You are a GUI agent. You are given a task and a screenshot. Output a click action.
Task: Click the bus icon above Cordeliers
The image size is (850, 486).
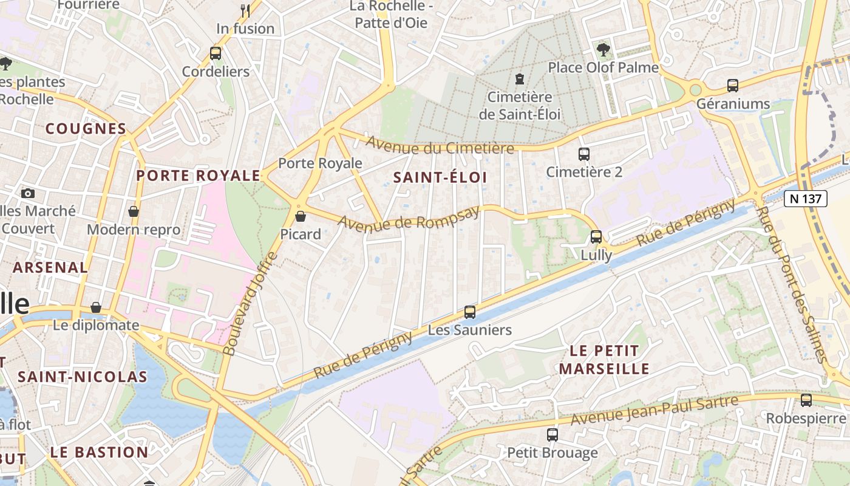point(216,53)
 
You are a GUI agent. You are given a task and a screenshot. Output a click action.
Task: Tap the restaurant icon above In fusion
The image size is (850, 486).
point(245,10)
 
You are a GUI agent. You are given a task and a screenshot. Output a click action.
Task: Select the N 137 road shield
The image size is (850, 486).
point(806,199)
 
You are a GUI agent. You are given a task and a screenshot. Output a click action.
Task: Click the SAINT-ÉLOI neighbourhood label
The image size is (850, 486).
point(440,177)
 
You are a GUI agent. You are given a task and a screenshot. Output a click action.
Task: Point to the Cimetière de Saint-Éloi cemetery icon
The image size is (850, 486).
point(520,78)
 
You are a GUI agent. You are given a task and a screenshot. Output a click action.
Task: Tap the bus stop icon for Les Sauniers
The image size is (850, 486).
point(470,312)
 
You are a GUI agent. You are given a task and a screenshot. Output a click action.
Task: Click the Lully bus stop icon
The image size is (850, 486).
point(596,237)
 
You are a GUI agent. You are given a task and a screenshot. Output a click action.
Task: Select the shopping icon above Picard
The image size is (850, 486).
point(301,216)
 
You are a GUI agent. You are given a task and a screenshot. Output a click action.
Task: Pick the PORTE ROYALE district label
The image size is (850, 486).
point(198,176)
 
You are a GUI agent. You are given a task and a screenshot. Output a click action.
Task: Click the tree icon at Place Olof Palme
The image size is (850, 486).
point(603,49)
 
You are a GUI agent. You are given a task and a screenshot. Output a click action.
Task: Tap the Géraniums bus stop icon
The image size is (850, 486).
point(733,86)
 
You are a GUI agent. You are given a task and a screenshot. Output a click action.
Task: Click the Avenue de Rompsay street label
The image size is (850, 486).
point(408,219)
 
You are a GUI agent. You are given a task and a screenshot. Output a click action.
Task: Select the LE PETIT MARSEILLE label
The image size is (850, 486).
point(604,360)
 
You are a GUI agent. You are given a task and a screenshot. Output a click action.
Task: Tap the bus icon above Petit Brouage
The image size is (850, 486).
point(552,434)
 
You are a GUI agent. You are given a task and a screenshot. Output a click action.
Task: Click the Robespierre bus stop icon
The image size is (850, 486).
point(806,400)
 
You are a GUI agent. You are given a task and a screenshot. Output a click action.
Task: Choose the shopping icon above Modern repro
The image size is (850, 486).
point(134,211)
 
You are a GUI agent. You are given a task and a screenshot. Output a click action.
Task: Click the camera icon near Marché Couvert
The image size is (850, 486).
point(28,194)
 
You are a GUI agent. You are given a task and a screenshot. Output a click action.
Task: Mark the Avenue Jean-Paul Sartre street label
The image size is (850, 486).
point(654,410)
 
